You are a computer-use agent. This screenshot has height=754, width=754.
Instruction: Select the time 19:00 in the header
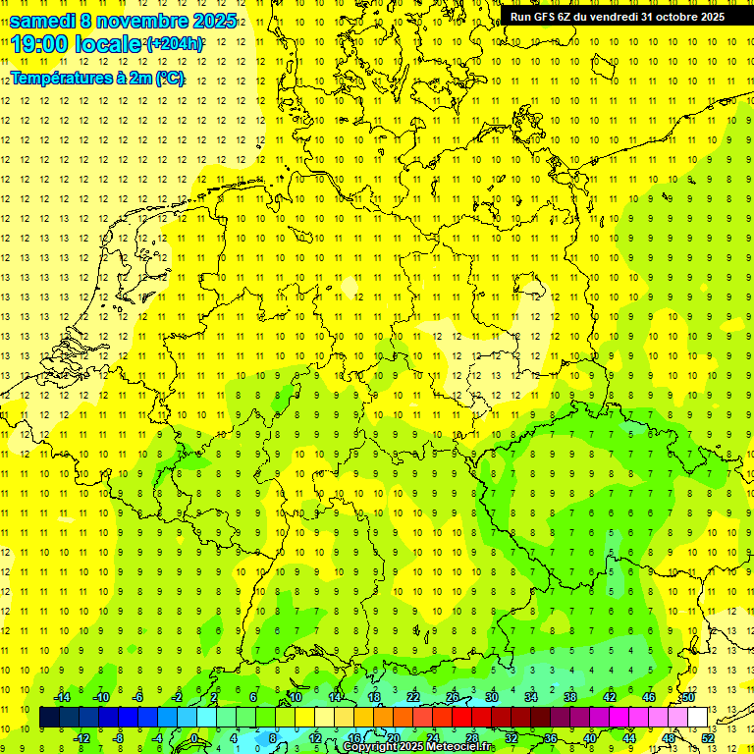39,44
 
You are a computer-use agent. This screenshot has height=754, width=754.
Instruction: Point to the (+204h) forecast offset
175,44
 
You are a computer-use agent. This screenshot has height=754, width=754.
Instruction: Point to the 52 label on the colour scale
707,738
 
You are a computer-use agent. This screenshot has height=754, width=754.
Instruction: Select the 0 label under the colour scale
194,738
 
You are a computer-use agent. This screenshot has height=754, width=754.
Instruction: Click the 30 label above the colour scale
491,697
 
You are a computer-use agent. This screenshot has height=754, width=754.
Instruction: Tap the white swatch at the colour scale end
697,718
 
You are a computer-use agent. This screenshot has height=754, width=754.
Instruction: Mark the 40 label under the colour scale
589,738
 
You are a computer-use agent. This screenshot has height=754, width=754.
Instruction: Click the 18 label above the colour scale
373,697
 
